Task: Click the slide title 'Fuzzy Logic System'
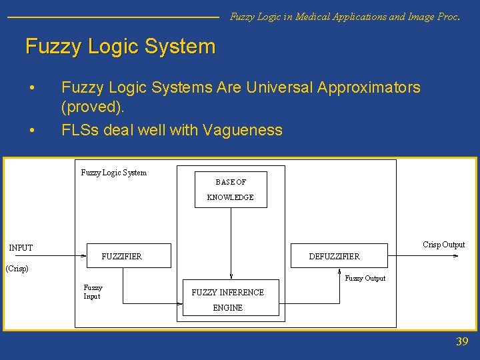click(x=121, y=47)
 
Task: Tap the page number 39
click(x=462, y=342)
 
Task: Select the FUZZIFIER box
click(x=129, y=256)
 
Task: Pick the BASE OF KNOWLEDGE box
click(x=231, y=189)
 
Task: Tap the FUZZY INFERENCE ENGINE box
click(x=227, y=299)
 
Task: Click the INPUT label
click(x=21, y=247)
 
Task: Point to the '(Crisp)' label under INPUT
click(x=17, y=269)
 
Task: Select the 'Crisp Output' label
click(x=443, y=245)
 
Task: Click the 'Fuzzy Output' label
click(x=365, y=278)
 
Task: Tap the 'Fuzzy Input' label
click(x=93, y=292)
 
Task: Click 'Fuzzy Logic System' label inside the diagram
click(x=113, y=173)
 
